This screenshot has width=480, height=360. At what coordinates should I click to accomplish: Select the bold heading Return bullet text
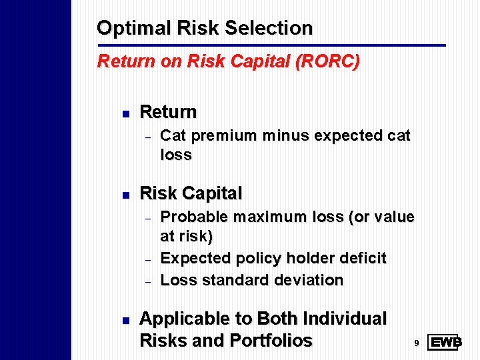click(168, 111)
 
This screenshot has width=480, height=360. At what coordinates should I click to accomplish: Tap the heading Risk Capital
click(191, 193)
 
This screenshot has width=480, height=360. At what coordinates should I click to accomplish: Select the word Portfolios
click(271, 341)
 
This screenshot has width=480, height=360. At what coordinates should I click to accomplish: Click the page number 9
click(416, 343)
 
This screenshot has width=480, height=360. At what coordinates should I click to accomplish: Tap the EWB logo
click(445, 343)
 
